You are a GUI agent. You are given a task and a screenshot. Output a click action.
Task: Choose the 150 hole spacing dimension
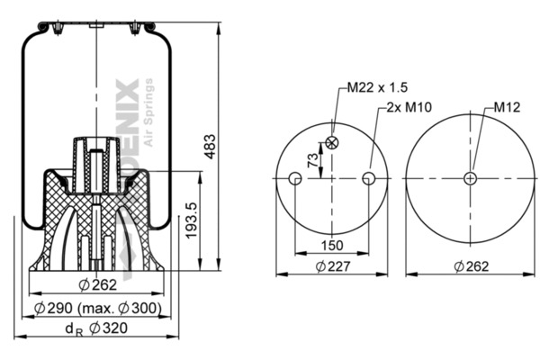(x=330, y=246)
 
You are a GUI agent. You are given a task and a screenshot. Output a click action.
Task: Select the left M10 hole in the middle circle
(x=294, y=179)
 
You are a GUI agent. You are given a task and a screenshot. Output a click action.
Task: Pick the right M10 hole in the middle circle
(x=367, y=179)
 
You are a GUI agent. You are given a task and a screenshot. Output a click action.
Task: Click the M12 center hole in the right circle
(x=469, y=178)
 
